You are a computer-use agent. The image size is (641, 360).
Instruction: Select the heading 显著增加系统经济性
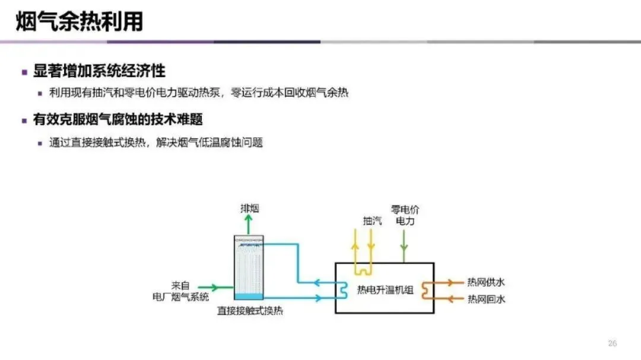pos(99,72)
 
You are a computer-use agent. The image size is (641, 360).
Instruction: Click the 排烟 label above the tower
pos(249,208)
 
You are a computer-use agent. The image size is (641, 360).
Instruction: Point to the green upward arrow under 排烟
pos(249,224)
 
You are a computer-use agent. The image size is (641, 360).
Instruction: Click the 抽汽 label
pos(372,221)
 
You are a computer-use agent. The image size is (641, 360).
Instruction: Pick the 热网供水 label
pos(486,282)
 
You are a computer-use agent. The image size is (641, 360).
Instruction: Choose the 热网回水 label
pos(486,299)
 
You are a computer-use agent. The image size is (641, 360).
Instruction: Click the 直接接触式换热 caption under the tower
pos(249,311)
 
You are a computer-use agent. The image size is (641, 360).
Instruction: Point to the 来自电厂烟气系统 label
pos(180,291)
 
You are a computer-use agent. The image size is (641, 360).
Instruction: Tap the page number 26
pos(613,343)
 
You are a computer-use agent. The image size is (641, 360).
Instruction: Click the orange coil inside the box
pos(427,290)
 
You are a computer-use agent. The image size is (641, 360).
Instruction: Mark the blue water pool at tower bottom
pos(249,296)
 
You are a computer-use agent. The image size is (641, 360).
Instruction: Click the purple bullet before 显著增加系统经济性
pos(24,72)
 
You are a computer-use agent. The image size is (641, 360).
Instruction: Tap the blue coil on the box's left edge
pos(342,290)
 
